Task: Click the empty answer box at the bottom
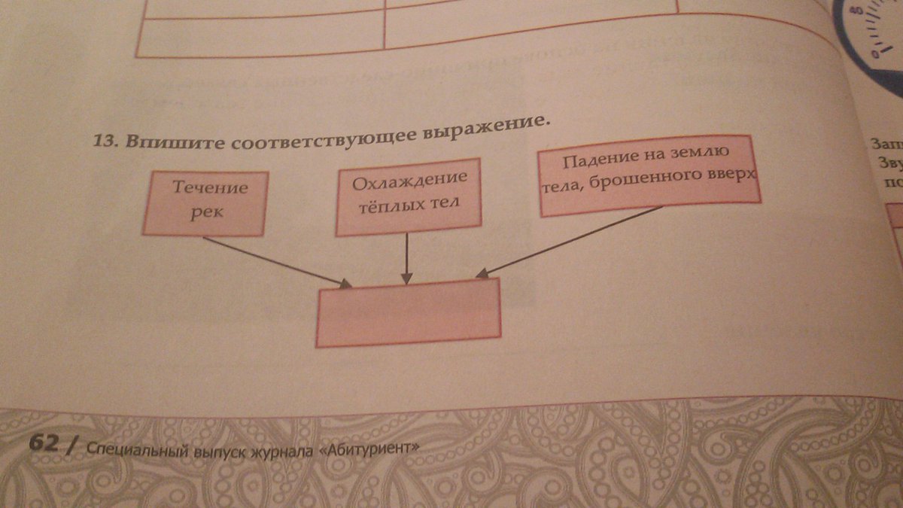click(x=408, y=312)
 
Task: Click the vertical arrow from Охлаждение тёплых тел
click(x=407, y=256)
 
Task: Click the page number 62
click(x=44, y=443)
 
